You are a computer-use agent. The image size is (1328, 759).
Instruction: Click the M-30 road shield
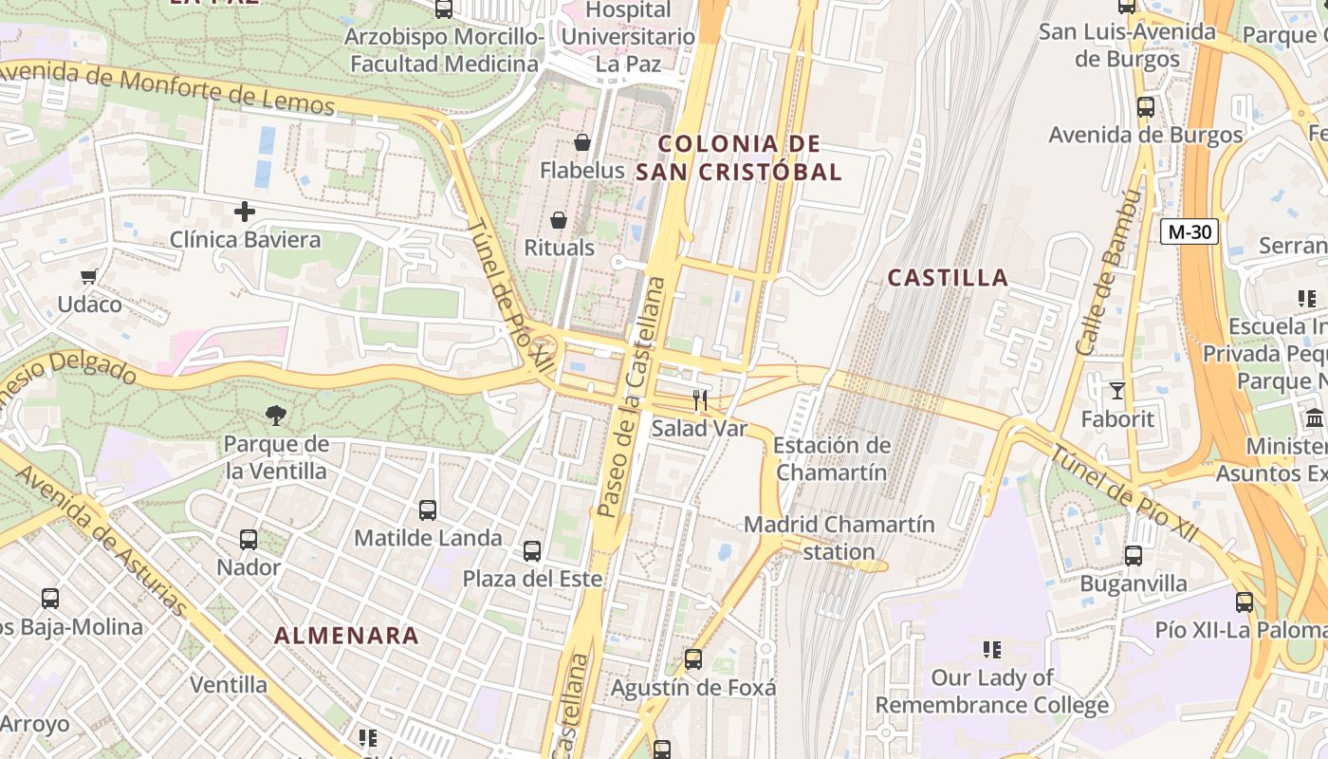[1190, 231]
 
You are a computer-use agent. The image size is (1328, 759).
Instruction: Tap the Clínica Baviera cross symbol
[245, 211]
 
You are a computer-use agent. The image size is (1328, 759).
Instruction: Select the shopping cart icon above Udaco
[89, 276]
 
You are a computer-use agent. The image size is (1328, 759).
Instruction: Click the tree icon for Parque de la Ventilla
[276, 415]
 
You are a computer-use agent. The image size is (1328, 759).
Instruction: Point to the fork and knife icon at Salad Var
[700, 400]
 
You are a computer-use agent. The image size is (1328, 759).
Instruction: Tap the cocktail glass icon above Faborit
[1117, 390]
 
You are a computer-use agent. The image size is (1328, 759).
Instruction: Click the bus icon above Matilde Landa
[428, 510]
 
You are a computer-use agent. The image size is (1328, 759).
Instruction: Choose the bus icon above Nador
[249, 540]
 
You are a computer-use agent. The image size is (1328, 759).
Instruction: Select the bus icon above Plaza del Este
[532, 551]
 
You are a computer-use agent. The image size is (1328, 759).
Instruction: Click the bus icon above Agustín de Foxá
[693, 659]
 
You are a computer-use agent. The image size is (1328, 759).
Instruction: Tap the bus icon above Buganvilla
[1134, 556]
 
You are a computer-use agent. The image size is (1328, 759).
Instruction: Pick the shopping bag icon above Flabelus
[582, 142]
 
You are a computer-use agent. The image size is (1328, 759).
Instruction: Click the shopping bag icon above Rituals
[559, 220]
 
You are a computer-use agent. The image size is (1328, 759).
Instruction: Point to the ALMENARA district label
[346, 636]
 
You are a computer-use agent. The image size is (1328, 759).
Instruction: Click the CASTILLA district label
[948, 278]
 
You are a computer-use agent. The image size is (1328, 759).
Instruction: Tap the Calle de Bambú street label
[1106, 272]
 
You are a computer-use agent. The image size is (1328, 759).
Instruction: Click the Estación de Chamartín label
[832, 458]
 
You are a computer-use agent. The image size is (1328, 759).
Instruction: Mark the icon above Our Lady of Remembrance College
[992, 650]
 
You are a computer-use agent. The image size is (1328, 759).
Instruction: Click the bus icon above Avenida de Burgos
[1146, 107]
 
